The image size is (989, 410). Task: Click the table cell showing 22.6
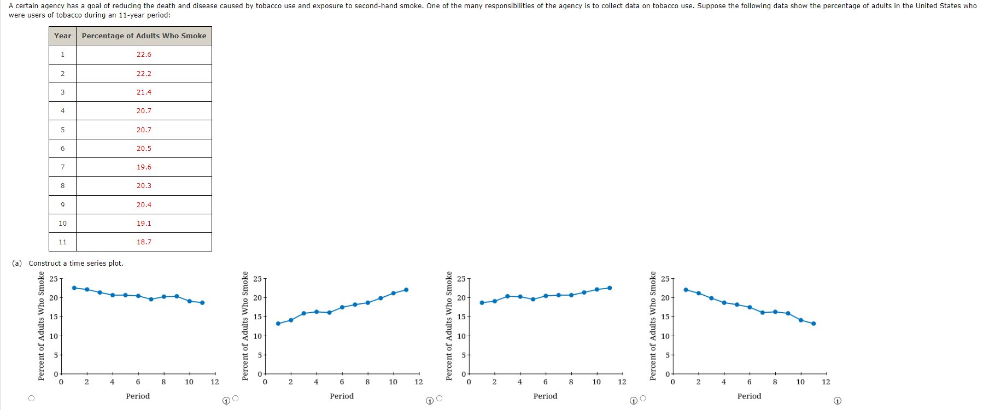(x=144, y=55)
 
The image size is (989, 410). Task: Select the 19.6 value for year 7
(x=144, y=167)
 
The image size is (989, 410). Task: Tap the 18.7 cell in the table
(x=144, y=242)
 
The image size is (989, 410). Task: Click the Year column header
(x=62, y=36)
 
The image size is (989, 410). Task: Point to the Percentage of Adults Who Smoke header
(x=144, y=36)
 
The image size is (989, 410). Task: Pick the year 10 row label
(x=62, y=224)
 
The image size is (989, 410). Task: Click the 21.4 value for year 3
(x=144, y=92)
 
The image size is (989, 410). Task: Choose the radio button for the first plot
(x=31, y=399)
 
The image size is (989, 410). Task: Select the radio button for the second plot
(x=236, y=399)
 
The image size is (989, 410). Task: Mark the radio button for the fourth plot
(x=643, y=399)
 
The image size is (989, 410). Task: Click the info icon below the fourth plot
(x=837, y=401)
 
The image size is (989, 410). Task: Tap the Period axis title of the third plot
(x=545, y=396)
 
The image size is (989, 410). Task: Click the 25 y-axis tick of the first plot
(x=54, y=279)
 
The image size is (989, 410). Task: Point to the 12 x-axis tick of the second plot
(x=418, y=382)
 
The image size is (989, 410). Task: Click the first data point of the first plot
(x=74, y=288)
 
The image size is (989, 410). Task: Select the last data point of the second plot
(x=406, y=290)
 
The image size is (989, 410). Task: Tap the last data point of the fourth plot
(x=814, y=324)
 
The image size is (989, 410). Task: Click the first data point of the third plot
(x=482, y=302)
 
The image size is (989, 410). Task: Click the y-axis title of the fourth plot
(x=653, y=326)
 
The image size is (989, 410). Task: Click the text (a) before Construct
(x=17, y=263)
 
